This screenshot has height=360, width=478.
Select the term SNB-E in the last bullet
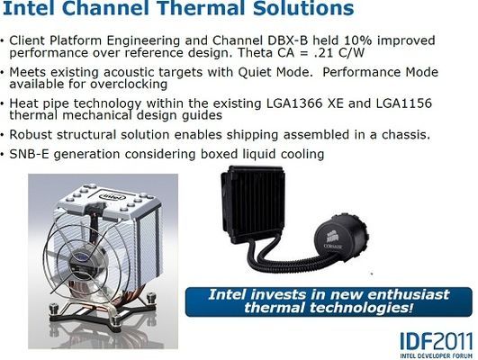pos(31,153)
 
